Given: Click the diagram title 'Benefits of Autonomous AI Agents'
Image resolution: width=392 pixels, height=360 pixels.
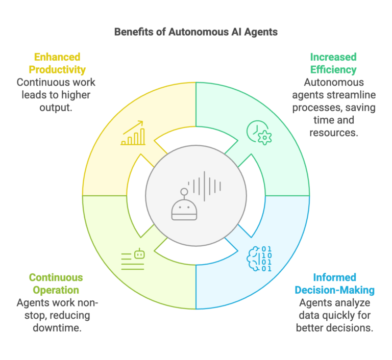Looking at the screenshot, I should click(195, 32).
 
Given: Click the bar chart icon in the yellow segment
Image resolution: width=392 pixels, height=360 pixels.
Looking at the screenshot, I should click(133, 134).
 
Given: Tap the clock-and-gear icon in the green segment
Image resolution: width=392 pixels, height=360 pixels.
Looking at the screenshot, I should click(259, 131).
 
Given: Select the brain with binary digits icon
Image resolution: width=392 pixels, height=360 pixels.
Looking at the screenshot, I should click(259, 259).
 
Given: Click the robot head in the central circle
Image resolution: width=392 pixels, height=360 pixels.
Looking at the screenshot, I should click(183, 207).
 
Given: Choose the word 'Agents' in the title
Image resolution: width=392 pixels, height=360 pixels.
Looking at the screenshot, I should click(264, 32).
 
